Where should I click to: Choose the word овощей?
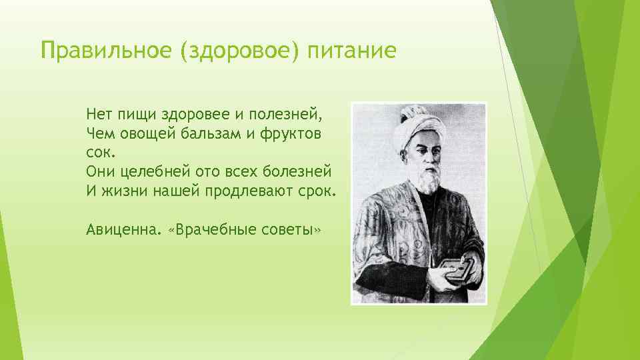(149, 134)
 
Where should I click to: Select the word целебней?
(151, 171)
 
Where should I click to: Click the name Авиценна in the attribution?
(121, 229)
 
